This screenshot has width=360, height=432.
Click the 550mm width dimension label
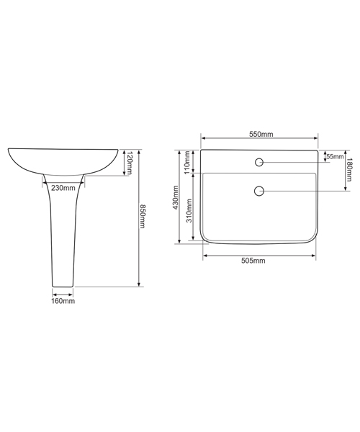tap(260, 134)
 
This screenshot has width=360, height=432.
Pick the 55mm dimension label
tap(334, 156)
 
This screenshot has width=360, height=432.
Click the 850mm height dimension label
tap(144, 217)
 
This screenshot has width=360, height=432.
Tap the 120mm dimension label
tap(129, 164)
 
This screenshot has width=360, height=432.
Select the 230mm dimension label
tap(63, 189)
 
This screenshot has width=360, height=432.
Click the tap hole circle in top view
tap(259, 161)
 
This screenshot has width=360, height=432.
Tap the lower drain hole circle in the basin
tap(259, 191)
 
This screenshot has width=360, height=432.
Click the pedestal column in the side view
tap(63, 230)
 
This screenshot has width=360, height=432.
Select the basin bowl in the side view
tap(63, 160)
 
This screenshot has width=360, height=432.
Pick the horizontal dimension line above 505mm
tap(259, 253)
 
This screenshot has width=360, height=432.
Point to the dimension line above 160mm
tap(63, 293)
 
